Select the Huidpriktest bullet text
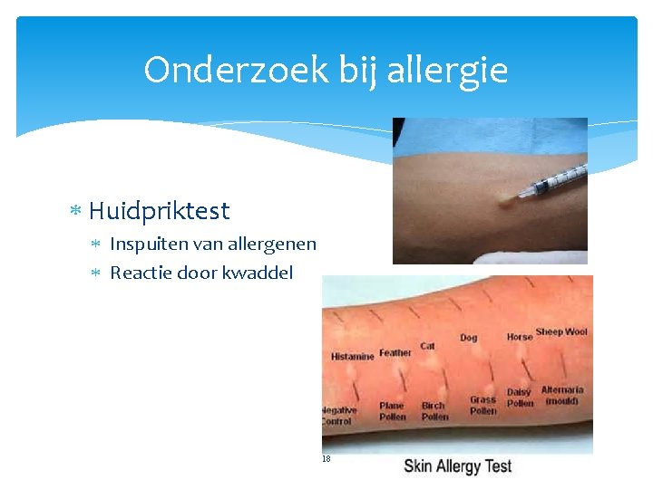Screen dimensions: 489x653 coord(160,211)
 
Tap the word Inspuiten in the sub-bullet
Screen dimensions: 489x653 coord(148,244)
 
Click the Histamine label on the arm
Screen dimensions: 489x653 coord(352,357)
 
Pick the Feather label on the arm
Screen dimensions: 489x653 coord(395,353)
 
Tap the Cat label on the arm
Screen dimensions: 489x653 coord(427,346)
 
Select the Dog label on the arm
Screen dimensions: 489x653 coord(468,338)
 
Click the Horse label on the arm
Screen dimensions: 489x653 coord(520,337)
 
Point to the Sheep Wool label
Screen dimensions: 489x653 coord(561,332)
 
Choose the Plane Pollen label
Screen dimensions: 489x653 coord(392,411)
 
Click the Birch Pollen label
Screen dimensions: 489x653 coord(434,411)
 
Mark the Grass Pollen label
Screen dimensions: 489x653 coord(482,405)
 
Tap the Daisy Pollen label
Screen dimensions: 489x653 coord(520,398)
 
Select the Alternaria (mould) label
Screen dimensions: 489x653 coord(562,395)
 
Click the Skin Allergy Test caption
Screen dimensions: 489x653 coord(458,466)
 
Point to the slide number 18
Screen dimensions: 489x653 coord(326,459)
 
